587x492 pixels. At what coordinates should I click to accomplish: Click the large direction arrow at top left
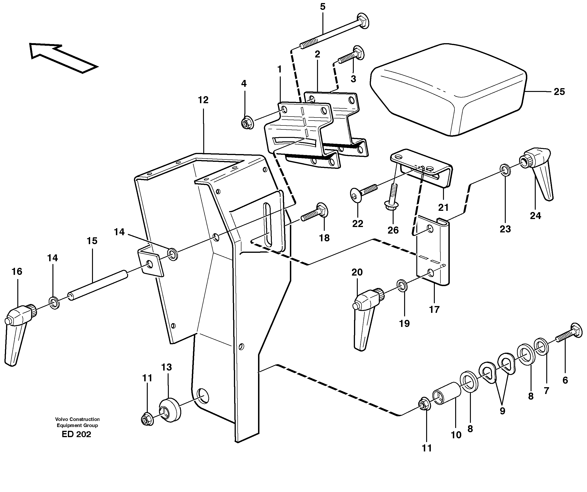click(63, 57)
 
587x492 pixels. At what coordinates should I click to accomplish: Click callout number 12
click(203, 100)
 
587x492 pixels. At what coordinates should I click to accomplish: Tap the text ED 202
click(76, 434)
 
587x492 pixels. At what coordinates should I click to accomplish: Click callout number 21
click(443, 208)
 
